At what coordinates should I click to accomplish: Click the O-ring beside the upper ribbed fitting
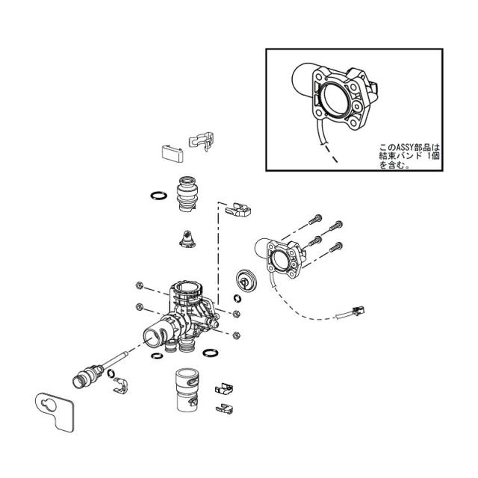coord(158,195)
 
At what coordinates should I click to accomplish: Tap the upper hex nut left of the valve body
coord(139,285)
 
